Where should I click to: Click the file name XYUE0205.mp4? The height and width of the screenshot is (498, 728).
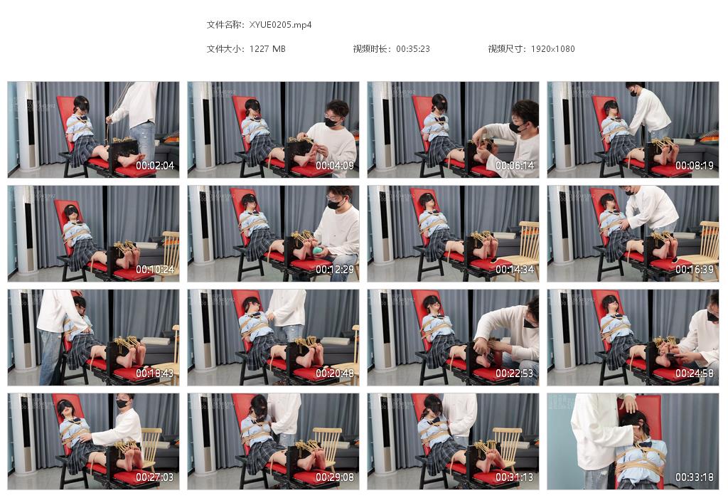[x=281, y=24]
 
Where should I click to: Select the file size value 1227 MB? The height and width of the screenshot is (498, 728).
[x=267, y=49]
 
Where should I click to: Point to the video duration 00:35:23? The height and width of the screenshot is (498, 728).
[x=413, y=49]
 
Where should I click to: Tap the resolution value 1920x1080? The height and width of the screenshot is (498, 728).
[x=552, y=49]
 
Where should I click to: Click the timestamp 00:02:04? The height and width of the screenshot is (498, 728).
[x=155, y=166]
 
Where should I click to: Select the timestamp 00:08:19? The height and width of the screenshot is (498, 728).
[x=695, y=166]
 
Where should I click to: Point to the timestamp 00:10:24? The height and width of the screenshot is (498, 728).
[x=155, y=270]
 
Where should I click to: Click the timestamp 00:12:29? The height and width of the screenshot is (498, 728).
[x=335, y=270]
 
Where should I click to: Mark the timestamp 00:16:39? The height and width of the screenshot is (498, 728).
[x=695, y=270]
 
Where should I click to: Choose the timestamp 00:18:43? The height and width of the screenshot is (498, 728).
[x=155, y=373]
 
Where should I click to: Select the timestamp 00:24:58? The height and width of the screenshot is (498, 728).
[x=695, y=373]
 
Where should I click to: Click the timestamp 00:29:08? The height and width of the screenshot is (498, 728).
[x=335, y=477]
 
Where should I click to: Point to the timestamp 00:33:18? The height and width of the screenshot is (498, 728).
[x=695, y=477]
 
